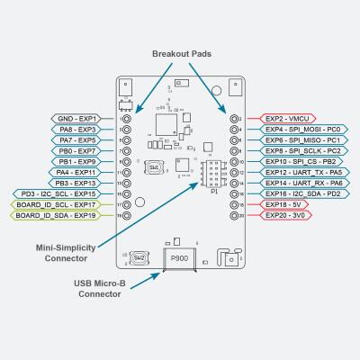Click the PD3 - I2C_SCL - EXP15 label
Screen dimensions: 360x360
tap(60, 194)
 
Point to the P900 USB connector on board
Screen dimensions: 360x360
tap(179, 256)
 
